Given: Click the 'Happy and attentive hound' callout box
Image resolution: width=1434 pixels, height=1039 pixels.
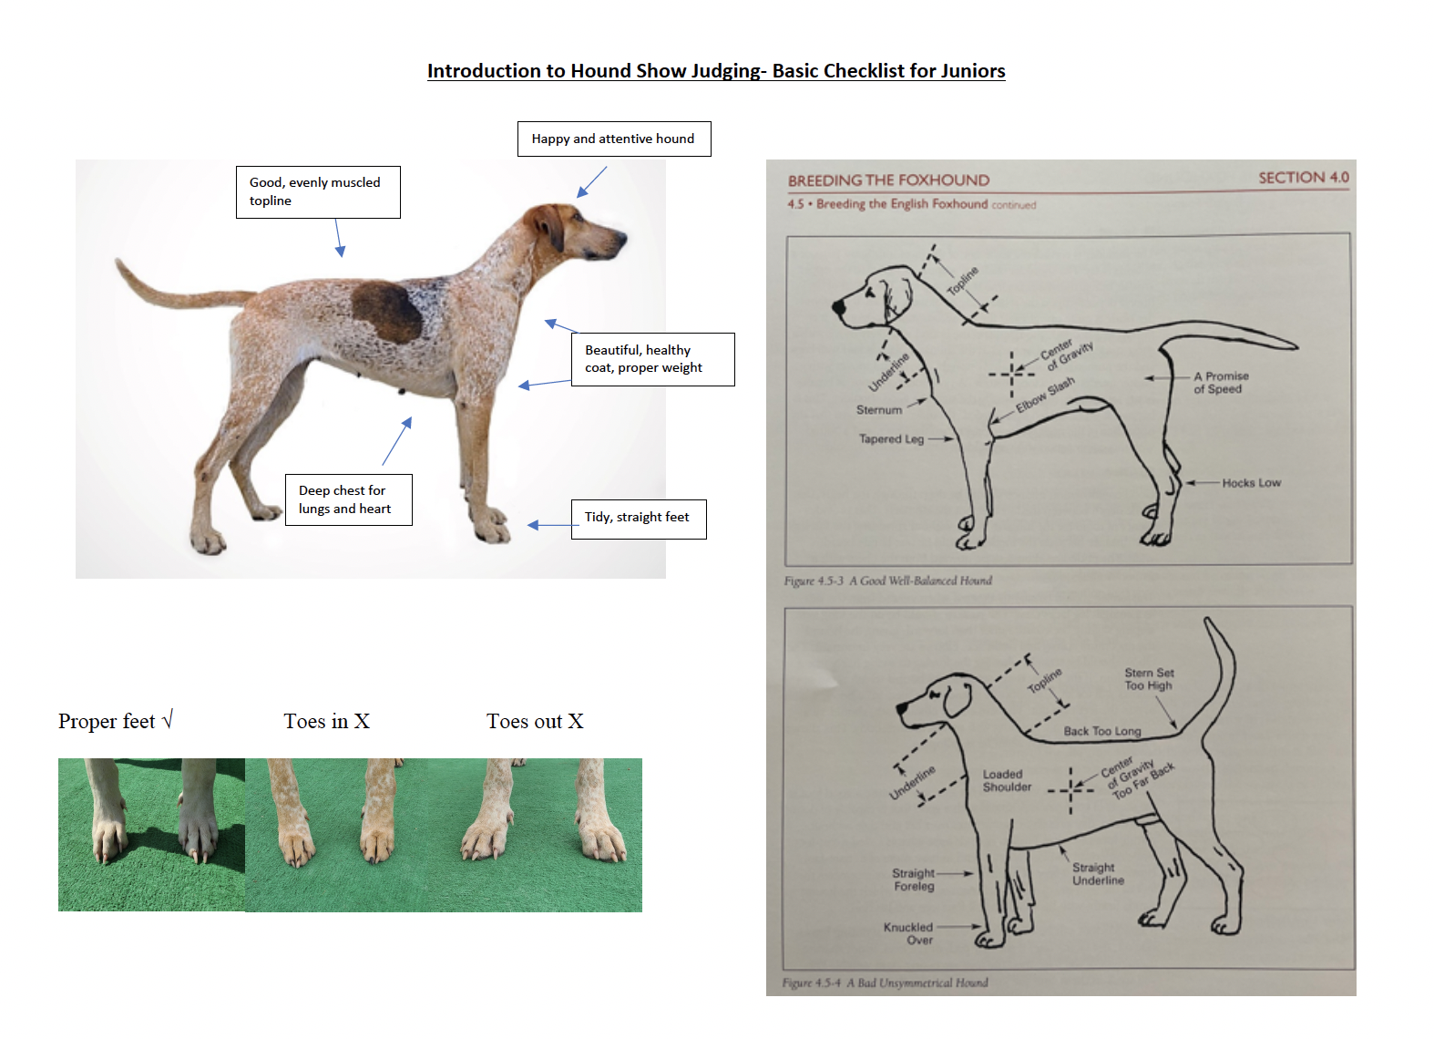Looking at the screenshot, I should (x=613, y=139).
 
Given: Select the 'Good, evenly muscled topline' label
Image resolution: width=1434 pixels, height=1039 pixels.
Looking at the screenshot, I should (x=317, y=191).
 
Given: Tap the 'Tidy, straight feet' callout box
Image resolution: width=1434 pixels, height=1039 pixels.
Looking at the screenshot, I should (x=638, y=518).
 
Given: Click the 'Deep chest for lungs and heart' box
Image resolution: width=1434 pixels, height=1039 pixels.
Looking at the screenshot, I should (x=347, y=499).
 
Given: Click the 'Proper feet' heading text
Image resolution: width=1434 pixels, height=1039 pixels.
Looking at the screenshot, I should (x=107, y=721).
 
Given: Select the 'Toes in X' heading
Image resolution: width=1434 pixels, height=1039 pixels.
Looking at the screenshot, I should (x=326, y=721).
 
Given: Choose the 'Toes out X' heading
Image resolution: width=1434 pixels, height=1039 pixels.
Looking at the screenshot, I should (x=534, y=721).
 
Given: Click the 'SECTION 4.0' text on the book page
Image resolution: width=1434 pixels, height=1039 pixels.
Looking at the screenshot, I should (x=1303, y=178).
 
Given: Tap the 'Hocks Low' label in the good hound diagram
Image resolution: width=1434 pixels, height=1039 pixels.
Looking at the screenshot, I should (x=1251, y=483).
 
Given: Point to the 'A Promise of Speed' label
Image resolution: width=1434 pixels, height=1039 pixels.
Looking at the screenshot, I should (x=1221, y=383).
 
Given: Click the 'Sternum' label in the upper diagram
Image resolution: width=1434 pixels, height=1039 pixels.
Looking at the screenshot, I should (x=878, y=410).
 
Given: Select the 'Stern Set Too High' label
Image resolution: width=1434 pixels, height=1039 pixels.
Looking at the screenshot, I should (x=1148, y=679).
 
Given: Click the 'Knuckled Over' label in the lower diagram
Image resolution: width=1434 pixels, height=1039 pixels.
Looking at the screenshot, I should (x=908, y=933).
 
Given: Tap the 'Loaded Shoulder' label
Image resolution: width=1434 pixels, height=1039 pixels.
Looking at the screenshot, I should (x=1007, y=780).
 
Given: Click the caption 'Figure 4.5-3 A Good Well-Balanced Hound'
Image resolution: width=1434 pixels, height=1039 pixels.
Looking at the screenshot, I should (x=887, y=581).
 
